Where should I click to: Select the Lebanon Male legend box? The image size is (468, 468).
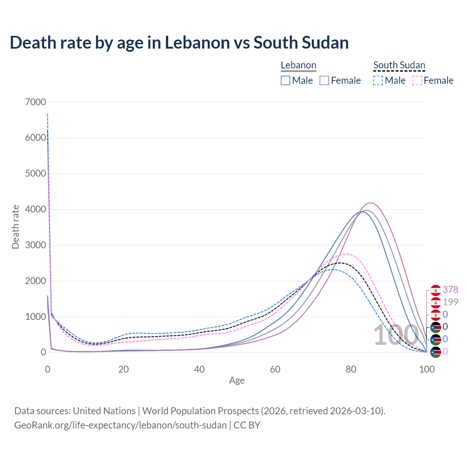pyautogui.click(x=286, y=80)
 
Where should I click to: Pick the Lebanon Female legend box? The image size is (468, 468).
pyautogui.click(x=324, y=80)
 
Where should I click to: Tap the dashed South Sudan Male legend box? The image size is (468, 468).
pyautogui.click(x=378, y=80)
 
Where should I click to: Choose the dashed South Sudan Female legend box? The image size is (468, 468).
pyautogui.click(x=417, y=80)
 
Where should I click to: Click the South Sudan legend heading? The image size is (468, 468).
pyautogui.click(x=399, y=65)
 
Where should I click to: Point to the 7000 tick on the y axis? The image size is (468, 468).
pyautogui.click(x=35, y=102)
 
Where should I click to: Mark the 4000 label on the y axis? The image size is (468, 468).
pyautogui.click(x=35, y=210)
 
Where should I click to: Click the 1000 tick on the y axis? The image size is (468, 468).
pyautogui.click(x=35, y=317)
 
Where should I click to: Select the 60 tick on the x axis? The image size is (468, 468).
pyautogui.click(x=275, y=369)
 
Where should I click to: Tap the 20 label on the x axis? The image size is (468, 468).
pyautogui.click(x=124, y=369)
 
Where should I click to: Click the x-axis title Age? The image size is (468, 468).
pyautogui.click(x=237, y=380)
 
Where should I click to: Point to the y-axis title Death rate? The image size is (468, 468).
pyautogui.click(x=15, y=227)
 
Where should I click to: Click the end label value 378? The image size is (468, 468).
pyautogui.click(x=450, y=290)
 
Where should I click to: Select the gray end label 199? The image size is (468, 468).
pyautogui.click(x=450, y=302)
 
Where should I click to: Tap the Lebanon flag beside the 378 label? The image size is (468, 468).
pyautogui.click(x=435, y=290)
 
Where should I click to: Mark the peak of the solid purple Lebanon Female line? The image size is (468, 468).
pyautogui.click(x=371, y=203)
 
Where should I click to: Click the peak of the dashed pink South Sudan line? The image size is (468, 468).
pyautogui.click(x=346, y=254)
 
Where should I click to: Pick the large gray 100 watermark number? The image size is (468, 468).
pyautogui.click(x=396, y=335)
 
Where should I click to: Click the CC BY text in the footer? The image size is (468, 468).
pyautogui.click(x=247, y=425)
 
